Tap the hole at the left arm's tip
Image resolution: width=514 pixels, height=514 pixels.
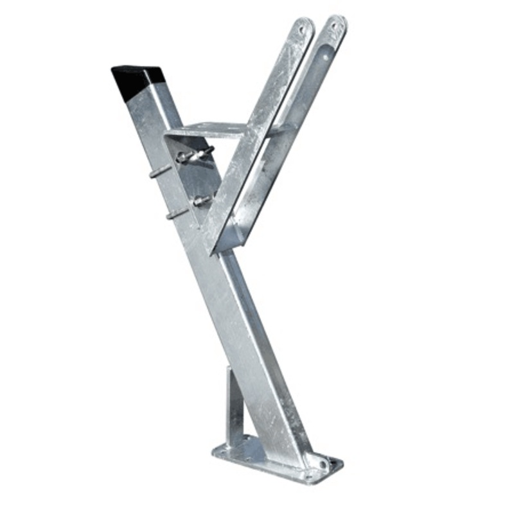[303, 28]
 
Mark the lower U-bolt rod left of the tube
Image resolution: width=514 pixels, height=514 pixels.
[175, 213]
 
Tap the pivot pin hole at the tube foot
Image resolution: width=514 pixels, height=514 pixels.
[316, 460]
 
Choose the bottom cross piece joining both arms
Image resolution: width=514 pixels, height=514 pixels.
[231, 241]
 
